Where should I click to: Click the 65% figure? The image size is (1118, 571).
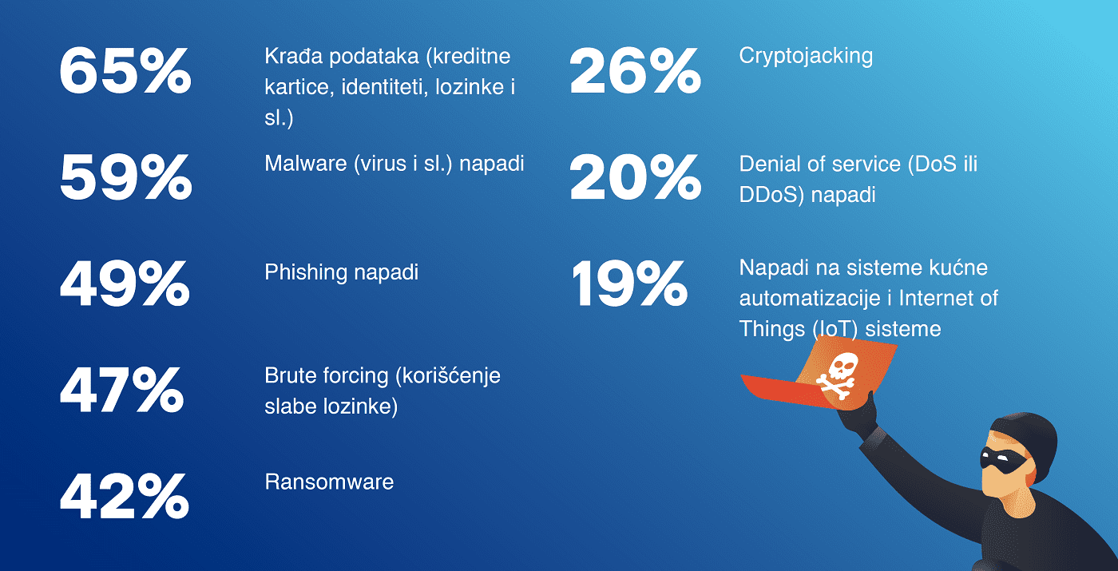point(125,71)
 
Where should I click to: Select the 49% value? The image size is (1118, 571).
point(125,284)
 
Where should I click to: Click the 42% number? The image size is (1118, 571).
point(125,496)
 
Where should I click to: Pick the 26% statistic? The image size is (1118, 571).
point(635,71)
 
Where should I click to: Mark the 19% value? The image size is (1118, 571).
point(630,284)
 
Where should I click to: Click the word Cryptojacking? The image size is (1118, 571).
point(806,56)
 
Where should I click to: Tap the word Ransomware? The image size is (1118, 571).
point(329,482)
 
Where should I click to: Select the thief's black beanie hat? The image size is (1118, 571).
point(1030,435)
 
